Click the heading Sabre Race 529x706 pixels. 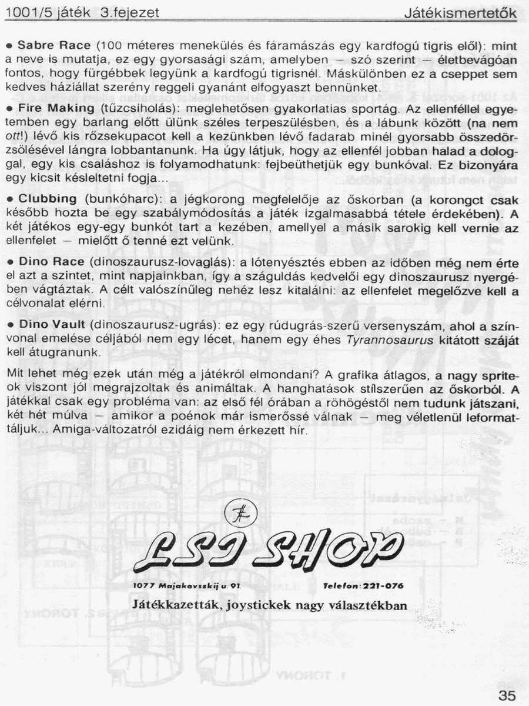54,45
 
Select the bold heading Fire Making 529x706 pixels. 56,109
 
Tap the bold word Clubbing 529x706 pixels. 48,198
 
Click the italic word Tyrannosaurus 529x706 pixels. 381,340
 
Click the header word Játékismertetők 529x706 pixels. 461,13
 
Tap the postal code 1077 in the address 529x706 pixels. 144,587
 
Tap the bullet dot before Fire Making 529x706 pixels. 9,109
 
